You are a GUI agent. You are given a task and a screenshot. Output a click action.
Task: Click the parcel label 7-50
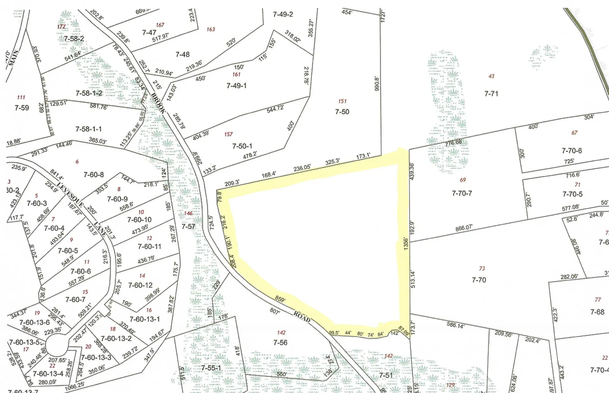click(342, 112)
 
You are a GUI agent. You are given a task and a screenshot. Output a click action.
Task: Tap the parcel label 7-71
click(491, 94)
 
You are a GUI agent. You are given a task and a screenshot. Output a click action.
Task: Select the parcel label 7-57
click(188, 227)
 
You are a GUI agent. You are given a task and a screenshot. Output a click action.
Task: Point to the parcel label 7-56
click(280, 343)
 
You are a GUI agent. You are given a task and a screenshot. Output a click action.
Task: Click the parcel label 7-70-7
click(462, 193)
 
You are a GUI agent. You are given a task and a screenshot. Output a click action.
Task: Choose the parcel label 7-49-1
click(237, 86)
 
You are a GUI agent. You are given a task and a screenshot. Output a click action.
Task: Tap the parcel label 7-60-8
click(94, 175)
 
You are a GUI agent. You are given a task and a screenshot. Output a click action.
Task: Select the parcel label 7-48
click(182, 55)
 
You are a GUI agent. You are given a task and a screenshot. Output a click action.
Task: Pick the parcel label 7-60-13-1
click(145, 319)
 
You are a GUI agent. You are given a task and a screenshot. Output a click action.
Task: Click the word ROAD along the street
click(302, 317)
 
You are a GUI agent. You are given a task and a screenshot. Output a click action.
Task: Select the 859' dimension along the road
click(280, 299)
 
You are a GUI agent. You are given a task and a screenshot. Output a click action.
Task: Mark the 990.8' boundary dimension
click(377, 83)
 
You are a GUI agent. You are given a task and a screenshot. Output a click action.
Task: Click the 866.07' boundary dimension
click(464, 228)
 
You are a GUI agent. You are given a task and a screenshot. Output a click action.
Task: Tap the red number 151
click(342, 101)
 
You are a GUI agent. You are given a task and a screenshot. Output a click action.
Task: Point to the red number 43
click(491, 76)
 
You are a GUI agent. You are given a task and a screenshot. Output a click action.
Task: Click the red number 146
click(188, 213)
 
